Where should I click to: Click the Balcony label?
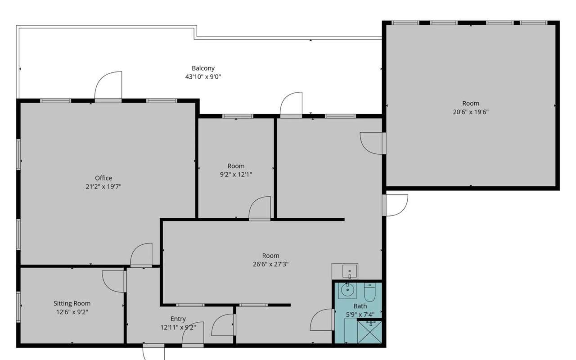(x=203, y=68)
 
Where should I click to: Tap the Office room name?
(x=103, y=178)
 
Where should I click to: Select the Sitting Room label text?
(x=72, y=303)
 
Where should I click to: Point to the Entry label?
(x=178, y=319)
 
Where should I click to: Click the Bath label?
(x=360, y=306)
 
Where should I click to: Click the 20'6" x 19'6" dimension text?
(x=471, y=112)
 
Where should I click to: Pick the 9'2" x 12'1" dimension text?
(x=236, y=175)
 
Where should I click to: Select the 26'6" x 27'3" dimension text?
(x=270, y=264)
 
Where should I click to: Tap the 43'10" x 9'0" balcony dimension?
(x=203, y=76)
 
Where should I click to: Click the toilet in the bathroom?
(x=369, y=292)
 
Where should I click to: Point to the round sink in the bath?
(x=347, y=290)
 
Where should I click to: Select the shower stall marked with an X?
(x=369, y=332)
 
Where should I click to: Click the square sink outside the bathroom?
(x=350, y=271)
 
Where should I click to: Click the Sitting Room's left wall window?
(x=18, y=307)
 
